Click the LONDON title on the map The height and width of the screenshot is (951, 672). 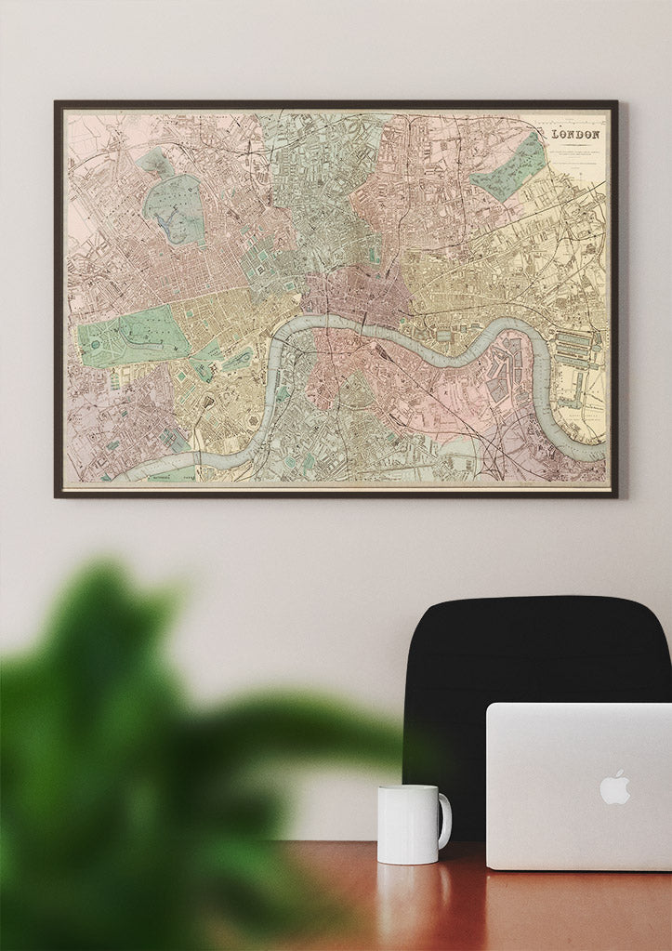(576, 134)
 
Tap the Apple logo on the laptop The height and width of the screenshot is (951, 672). (614, 786)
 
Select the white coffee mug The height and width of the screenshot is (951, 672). (409, 824)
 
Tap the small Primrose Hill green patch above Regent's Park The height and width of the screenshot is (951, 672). (154, 164)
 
